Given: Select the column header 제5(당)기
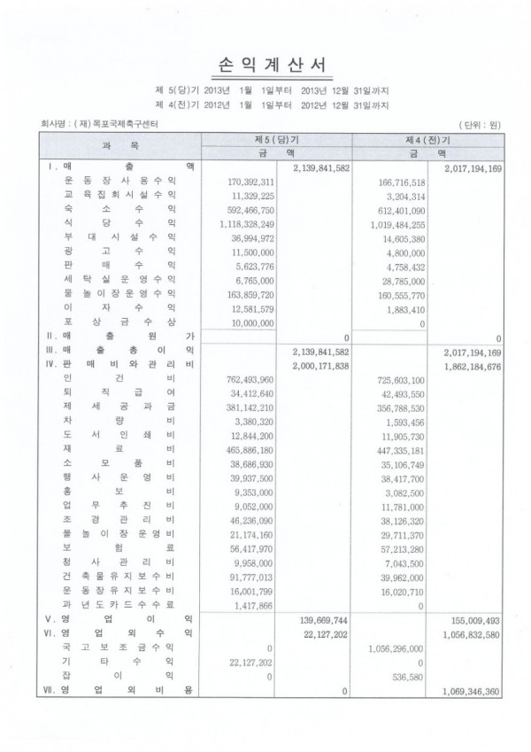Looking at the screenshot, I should (x=276, y=140).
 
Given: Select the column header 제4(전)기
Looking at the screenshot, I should (x=427, y=140).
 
